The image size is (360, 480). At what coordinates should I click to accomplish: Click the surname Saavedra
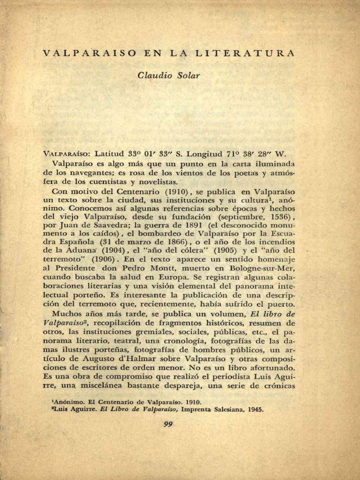pyautogui.click(x=98, y=225)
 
